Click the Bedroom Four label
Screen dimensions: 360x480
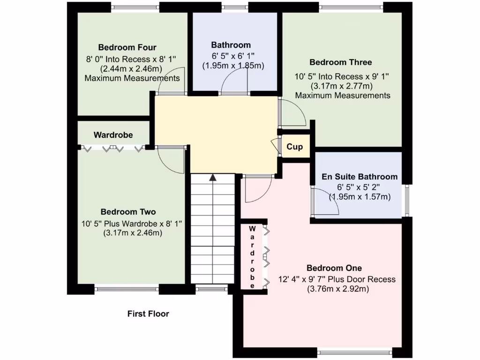pos(127,47)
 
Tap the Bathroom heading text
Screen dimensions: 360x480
pos(231,45)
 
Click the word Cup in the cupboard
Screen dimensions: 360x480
pos(294,147)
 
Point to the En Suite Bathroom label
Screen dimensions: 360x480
pos(360,177)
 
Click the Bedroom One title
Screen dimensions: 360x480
pos(334,268)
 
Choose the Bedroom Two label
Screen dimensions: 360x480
pos(128,212)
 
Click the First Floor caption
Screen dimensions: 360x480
pos(148,314)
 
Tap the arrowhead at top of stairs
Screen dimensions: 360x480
pos(213,177)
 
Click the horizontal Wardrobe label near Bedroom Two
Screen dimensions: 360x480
pos(113,135)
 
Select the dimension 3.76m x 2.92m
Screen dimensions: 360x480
pos(338,289)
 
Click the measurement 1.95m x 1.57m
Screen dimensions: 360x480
pos(360,197)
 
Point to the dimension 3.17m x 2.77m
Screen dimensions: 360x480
pos(341,86)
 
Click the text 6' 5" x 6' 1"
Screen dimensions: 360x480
pos(232,55)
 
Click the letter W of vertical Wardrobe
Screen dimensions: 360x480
pos(252,229)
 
